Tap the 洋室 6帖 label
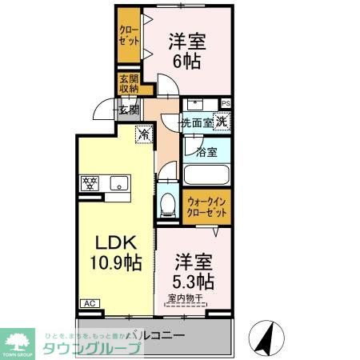[x=183, y=50]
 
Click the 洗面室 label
[x=197, y=123]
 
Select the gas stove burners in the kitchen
[x=89, y=182]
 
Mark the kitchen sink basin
[x=118, y=182]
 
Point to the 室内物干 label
[x=184, y=300]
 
